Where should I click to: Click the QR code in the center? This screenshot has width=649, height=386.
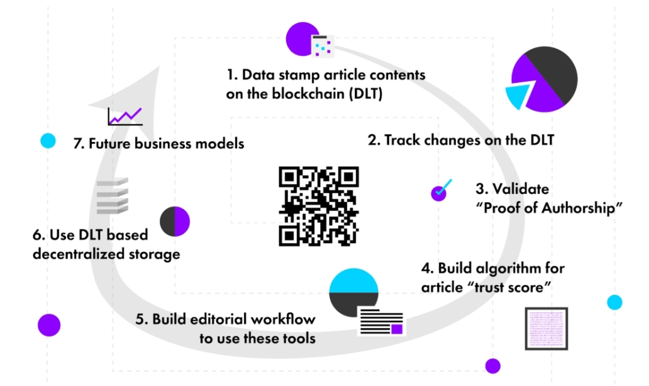point(318,206)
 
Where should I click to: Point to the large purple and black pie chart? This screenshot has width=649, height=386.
point(542,80)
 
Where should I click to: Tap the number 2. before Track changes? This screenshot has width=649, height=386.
point(374,140)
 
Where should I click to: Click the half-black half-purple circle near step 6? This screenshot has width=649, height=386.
point(174,222)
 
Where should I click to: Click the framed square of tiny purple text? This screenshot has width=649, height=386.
point(546,328)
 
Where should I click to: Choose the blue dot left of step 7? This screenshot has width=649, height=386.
point(48,141)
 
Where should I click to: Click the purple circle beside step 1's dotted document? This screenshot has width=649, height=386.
point(300,39)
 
